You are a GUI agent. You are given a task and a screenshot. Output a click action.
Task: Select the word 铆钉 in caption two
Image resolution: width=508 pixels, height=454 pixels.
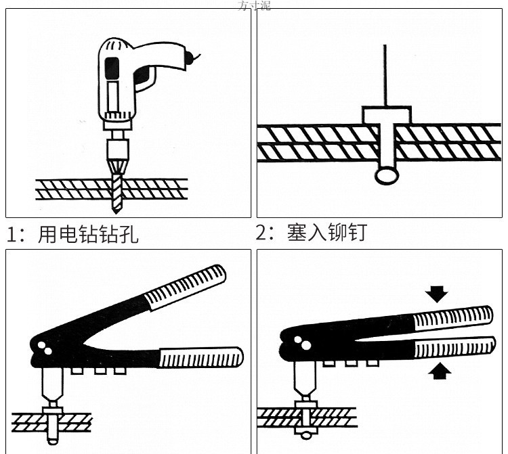(x=346, y=232)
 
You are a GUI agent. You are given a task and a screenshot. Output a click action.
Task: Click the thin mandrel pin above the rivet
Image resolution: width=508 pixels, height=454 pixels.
(x=385, y=74)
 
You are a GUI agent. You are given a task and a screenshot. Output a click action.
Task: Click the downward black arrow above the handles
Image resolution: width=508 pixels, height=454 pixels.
(x=438, y=293)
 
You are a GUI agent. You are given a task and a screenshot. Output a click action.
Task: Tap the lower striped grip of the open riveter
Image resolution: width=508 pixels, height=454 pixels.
(x=200, y=357)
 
